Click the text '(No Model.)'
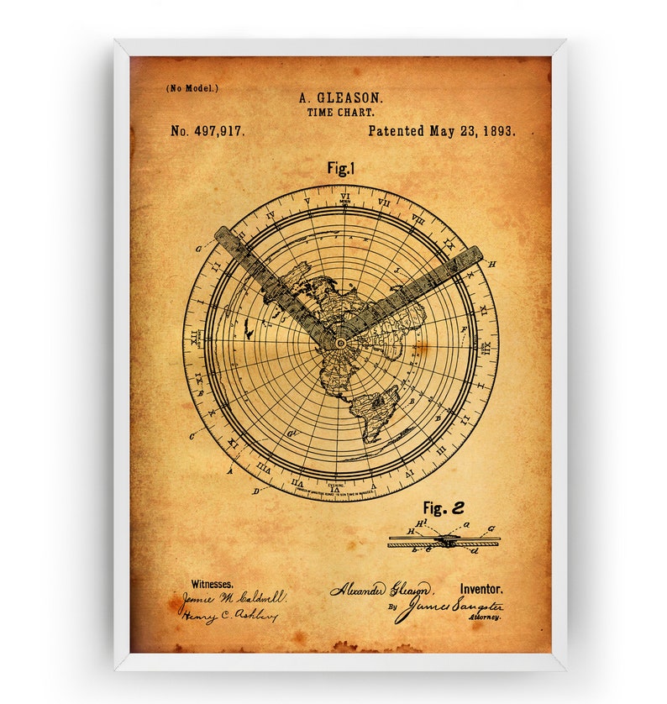pos(192,87)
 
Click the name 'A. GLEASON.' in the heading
pos(339,98)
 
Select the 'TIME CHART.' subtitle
pos(340,112)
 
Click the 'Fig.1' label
pos(341,168)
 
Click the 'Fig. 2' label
pos(443,507)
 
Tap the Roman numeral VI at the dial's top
pos(344,197)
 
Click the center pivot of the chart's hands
pos(341,343)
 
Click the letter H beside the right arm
pos(491,264)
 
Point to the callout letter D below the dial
pos(255,491)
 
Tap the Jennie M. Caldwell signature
pos(231,599)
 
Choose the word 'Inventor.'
pos(481,590)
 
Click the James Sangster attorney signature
pos(449,607)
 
